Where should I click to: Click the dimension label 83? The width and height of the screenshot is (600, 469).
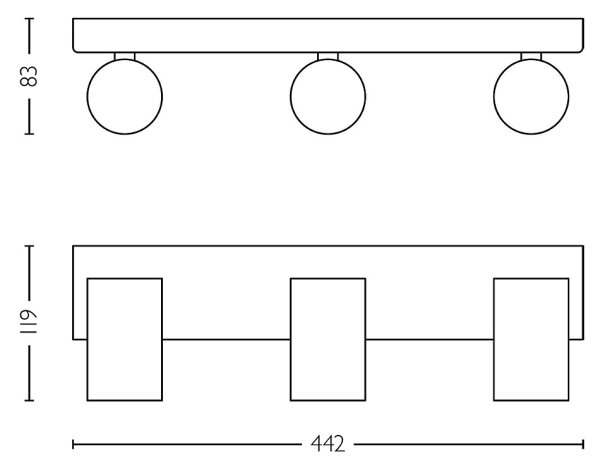click(x=29, y=77)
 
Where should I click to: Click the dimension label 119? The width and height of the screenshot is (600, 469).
click(x=29, y=321)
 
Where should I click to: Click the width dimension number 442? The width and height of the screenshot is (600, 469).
click(x=328, y=444)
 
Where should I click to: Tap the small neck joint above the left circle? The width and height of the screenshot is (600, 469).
click(x=125, y=57)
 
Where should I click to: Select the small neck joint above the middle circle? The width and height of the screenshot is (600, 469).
click(x=328, y=57)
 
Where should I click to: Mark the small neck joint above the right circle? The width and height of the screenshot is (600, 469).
click(x=531, y=57)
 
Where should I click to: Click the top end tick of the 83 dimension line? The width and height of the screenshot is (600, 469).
click(x=29, y=18)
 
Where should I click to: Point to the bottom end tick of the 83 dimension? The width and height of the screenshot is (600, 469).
click(x=29, y=134)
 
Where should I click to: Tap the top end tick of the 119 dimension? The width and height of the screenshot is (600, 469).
click(x=29, y=246)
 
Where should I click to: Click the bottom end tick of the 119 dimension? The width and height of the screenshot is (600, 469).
click(x=29, y=401)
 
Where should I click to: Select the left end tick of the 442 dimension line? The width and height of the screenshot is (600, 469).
click(x=73, y=444)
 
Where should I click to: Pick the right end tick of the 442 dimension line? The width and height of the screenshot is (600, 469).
click(x=583, y=444)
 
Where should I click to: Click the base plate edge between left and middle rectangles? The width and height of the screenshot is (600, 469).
click(x=226, y=339)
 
